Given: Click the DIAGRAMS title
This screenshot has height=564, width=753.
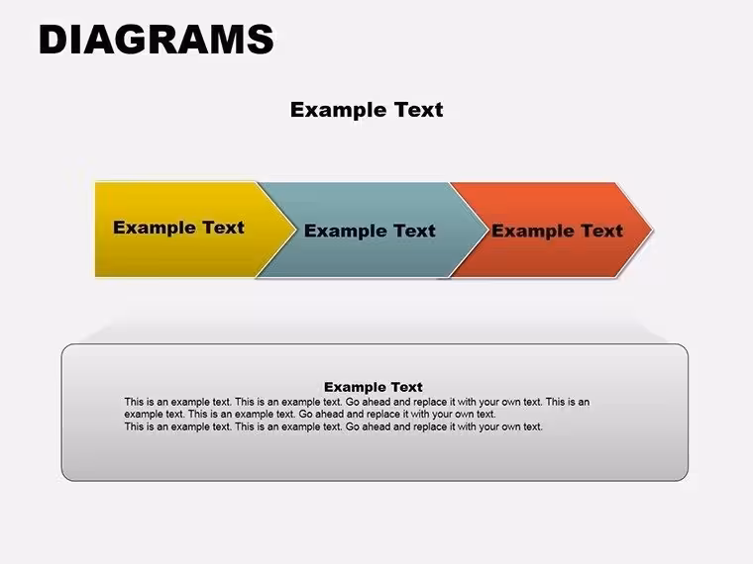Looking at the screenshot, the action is click(157, 40).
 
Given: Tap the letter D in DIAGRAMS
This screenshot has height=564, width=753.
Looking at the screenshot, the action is click(53, 40).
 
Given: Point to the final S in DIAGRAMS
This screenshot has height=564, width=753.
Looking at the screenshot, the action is click(262, 40).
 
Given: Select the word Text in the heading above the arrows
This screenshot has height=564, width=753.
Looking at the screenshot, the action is click(418, 110).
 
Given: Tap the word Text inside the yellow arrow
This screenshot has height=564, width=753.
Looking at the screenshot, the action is click(223, 228).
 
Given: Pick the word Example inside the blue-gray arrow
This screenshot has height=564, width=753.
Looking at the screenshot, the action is click(345, 232).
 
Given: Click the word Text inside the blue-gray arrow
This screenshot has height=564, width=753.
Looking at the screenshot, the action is click(414, 231).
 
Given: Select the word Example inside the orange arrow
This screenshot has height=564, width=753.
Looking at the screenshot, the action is click(533, 232).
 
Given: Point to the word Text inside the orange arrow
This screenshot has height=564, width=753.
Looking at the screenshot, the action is click(602, 231).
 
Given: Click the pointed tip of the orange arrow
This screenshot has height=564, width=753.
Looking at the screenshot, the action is click(652, 230).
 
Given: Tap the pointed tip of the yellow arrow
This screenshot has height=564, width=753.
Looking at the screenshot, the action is click(295, 230).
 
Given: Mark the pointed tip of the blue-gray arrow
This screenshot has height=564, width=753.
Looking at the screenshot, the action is click(486, 230).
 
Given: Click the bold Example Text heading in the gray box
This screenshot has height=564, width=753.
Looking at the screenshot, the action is click(374, 387).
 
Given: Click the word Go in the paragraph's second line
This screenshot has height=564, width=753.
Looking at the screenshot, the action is click(305, 414).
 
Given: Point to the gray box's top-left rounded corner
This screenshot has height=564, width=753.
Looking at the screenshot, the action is click(66, 348).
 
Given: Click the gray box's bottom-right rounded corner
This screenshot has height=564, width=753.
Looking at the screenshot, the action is click(683, 476).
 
